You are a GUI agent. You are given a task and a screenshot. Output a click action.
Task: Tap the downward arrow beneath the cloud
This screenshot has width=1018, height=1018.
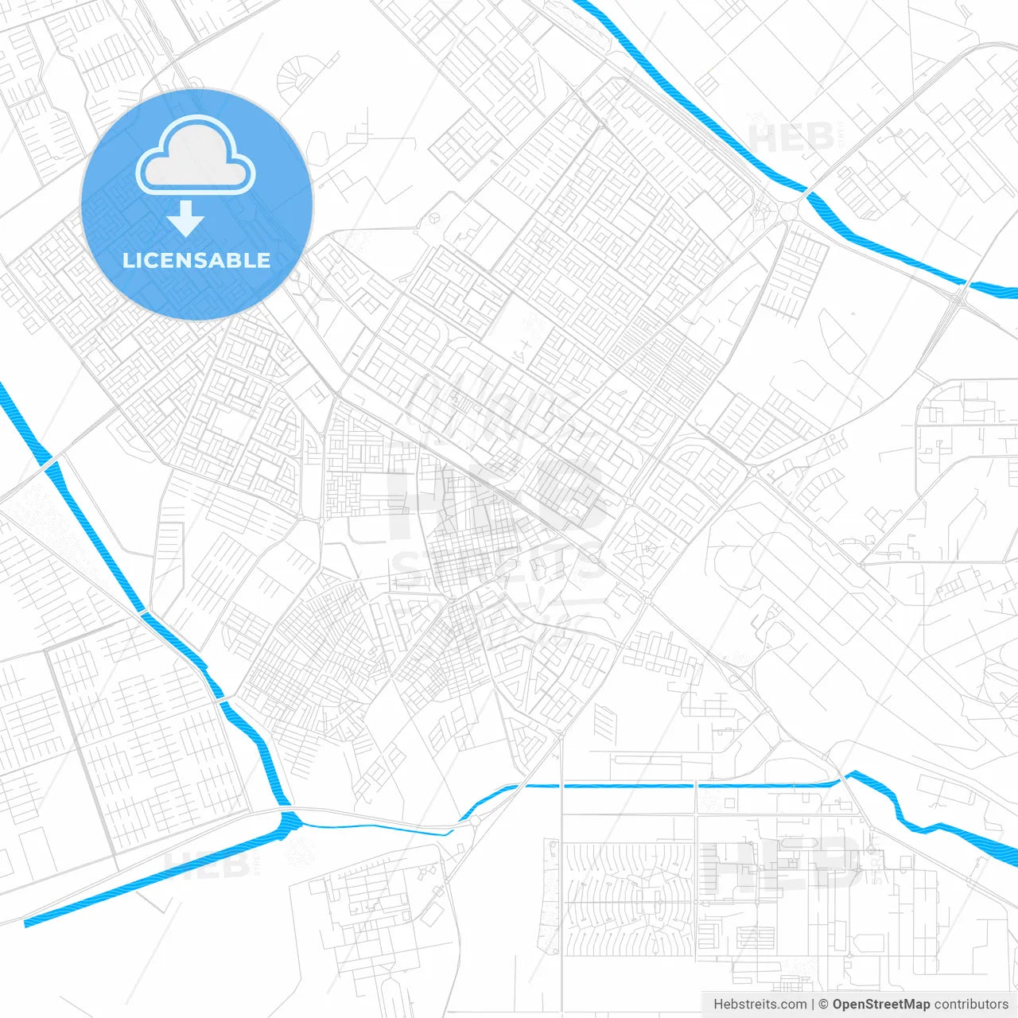186,219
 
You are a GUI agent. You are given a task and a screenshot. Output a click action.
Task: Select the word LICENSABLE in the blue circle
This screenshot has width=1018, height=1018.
196,260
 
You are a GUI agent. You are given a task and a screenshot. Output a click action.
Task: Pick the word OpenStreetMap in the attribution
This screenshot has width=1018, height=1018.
880,1004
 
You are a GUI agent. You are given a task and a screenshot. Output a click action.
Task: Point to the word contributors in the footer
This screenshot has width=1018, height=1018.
971,1004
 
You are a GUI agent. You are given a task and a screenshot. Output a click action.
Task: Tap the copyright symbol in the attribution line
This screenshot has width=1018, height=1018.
823,1004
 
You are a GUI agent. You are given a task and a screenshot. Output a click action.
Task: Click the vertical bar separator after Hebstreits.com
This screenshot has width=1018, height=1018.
813,1004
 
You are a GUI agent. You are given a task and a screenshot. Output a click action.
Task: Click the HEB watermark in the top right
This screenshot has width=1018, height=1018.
791,137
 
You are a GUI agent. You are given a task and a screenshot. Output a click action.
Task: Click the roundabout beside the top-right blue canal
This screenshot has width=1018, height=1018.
788,210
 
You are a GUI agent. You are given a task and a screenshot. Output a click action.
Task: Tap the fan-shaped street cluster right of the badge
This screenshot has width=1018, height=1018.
296,77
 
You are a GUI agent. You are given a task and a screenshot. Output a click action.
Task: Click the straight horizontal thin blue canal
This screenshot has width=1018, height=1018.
676,786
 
